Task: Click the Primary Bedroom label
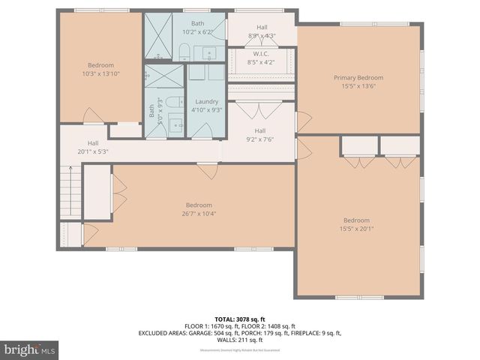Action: pos(358,78)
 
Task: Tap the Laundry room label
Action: pos(205,102)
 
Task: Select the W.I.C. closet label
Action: pos(261,53)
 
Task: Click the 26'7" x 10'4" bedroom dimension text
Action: pos(199,214)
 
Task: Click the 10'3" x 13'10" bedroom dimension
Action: pos(100,73)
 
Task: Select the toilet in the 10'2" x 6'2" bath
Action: pos(184,51)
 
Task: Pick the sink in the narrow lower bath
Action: pos(174,125)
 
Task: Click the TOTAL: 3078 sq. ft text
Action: pos(241,319)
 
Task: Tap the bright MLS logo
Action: pos(30,349)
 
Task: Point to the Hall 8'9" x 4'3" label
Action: pos(262,31)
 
